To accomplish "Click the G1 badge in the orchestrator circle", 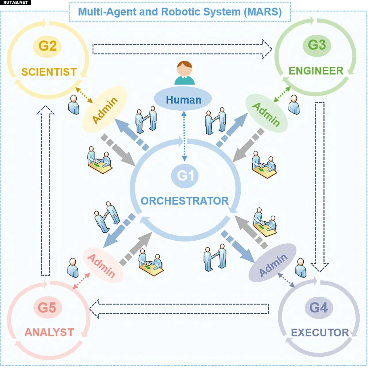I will (x=185, y=176).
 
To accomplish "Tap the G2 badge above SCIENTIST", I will (x=47, y=46).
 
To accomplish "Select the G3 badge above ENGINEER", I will (x=317, y=45).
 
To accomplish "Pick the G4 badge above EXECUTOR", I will (x=319, y=308).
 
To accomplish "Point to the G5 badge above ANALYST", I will (x=47, y=308).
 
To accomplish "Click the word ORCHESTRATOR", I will (x=185, y=201).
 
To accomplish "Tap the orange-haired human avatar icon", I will (x=185, y=73).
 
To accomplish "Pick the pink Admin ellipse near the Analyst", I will (x=102, y=265).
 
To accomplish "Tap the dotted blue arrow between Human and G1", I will (x=184, y=136).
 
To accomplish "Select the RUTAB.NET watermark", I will (x=15, y=2).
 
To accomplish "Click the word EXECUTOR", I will (x=320, y=333).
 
